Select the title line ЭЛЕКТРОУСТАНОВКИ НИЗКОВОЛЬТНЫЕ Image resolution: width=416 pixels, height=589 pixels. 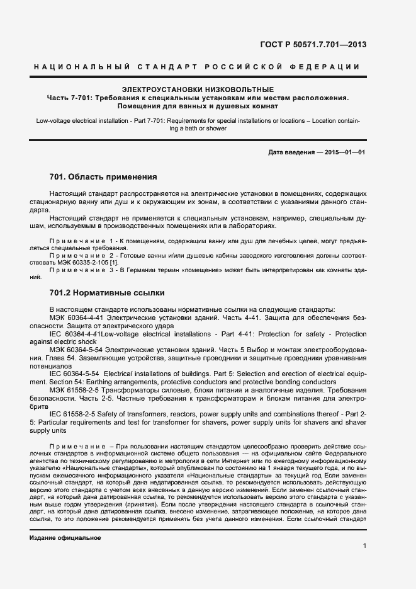tap(198, 89)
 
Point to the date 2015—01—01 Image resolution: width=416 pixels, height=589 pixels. tap(345, 152)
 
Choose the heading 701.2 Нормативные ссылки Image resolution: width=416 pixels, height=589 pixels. tap(106, 293)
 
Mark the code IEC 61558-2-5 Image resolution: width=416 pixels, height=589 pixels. tap(74, 415)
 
